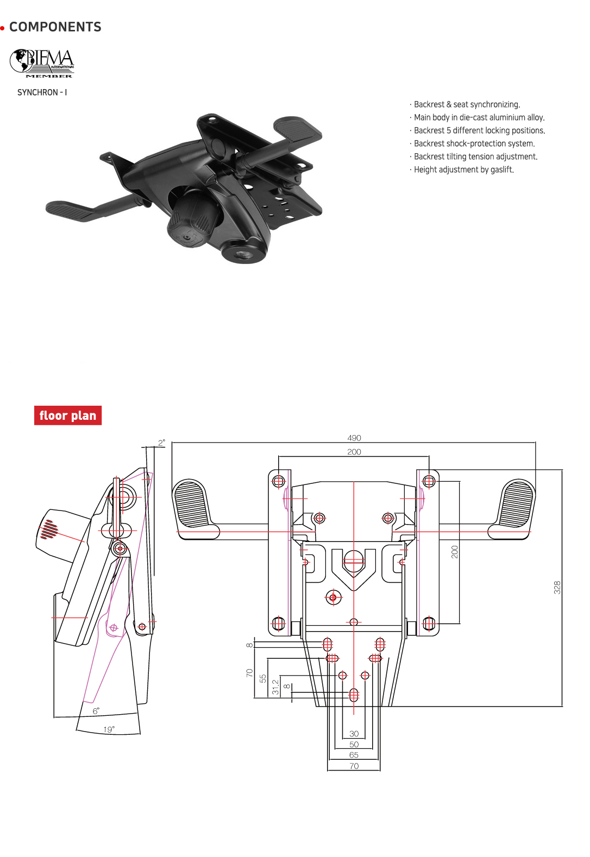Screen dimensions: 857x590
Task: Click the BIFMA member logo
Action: (x=42, y=63)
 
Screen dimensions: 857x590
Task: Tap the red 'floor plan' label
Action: (x=68, y=415)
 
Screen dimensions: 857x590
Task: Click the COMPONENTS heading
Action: (x=55, y=27)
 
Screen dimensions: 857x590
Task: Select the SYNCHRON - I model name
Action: (x=42, y=92)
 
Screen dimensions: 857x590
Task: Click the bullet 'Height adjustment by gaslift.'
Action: (x=463, y=169)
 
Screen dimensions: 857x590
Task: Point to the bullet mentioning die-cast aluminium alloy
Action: (x=479, y=117)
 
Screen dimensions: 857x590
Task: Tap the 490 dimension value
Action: (x=354, y=438)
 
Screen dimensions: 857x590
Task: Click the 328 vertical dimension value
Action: (x=557, y=587)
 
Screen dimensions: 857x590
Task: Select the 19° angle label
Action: (x=109, y=729)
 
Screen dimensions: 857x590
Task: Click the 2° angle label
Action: (x=161, y=443)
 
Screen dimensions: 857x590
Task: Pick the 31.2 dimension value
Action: (x=275, y=687)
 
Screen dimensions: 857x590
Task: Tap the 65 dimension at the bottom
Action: (x=354, y=755)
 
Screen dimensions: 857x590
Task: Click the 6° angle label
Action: (x=96, y=711)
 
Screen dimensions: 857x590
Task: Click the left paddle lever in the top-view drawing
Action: (x=191, y=505)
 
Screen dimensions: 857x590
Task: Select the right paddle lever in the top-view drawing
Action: (x=516, y=505)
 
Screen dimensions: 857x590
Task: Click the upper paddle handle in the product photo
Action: (x=297, y=129)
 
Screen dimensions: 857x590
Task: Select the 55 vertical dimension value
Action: (x=263, y=678)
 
